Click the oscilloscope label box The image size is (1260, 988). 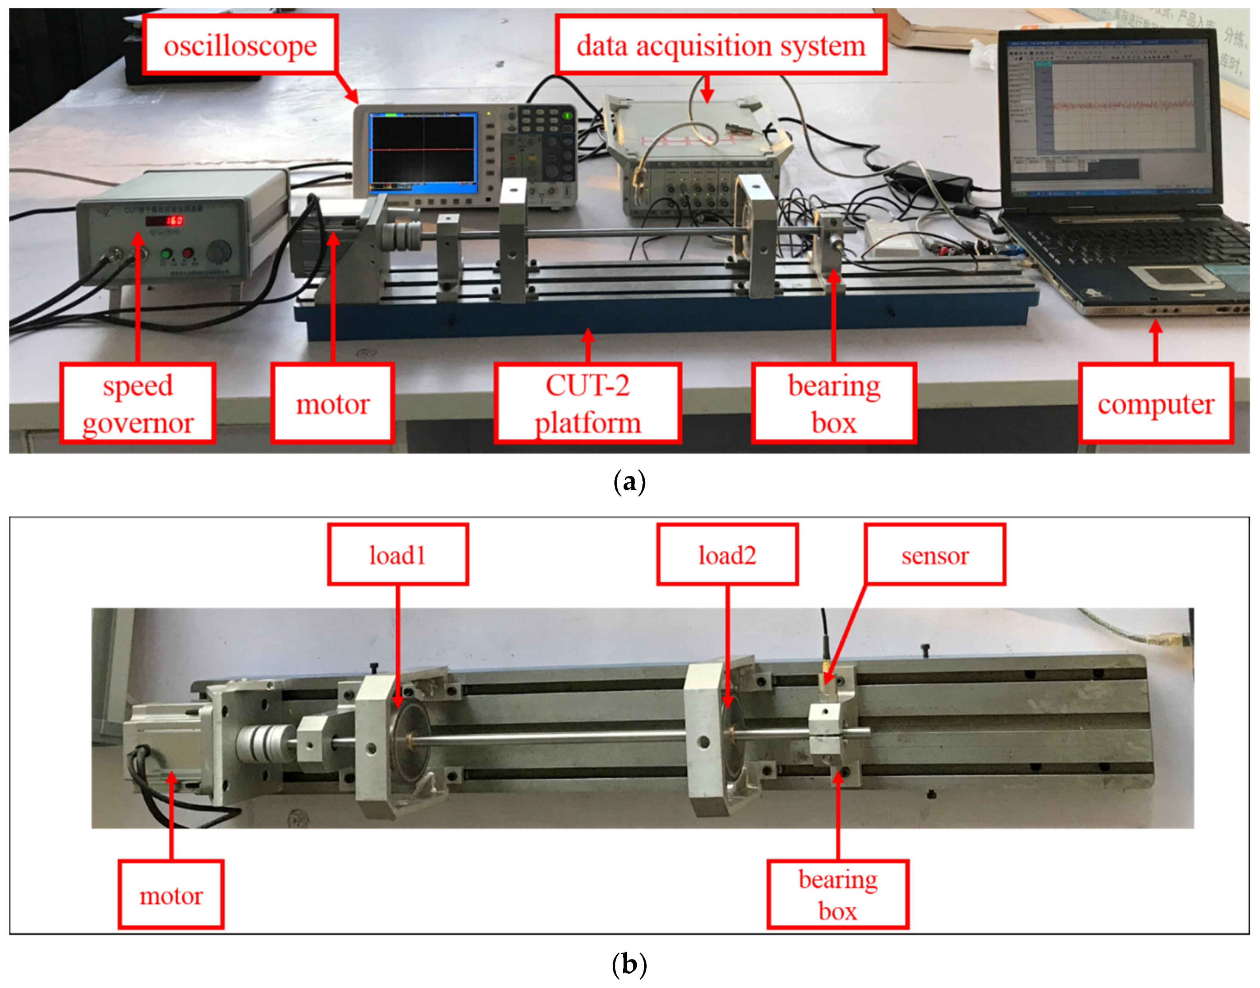coord(240,45)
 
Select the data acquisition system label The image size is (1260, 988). coord(721,45)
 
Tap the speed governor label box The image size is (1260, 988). coord(138,403)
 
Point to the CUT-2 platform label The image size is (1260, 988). coord(587,403)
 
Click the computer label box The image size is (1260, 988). coord(1155,403)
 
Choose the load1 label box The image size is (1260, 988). coord(398,555)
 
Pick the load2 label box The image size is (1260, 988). coord(727,555)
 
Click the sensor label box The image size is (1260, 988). coord(934,555)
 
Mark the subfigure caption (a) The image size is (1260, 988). coord(629,481)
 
